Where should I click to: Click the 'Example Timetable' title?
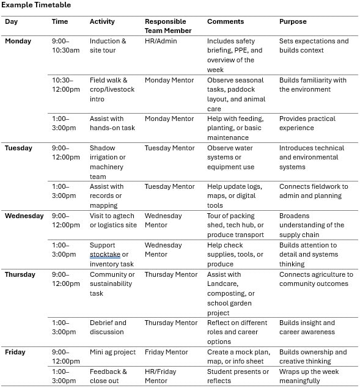36,5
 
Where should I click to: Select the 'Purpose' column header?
293,21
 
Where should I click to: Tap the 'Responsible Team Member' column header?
168,26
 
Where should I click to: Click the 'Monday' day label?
18,41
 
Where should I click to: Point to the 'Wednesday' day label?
24,216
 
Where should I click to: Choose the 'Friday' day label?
15,352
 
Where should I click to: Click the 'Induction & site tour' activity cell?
108,46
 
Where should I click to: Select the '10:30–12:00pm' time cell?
65,84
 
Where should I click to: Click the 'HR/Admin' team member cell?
161,41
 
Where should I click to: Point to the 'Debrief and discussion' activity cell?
108,328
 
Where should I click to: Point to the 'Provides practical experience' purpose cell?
307,123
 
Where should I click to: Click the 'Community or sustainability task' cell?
111,284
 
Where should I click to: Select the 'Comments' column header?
226,21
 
